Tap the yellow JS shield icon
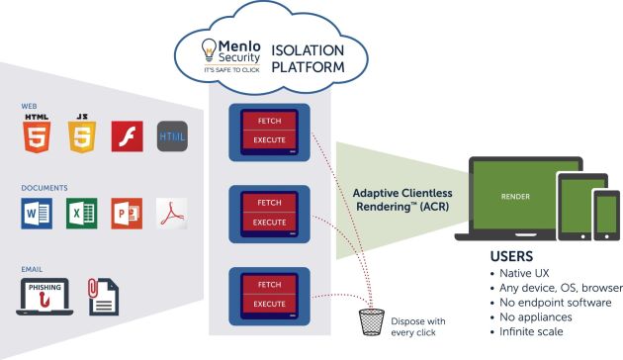(x=80, y=135)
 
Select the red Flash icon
(x=126, y=136)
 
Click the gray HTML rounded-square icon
(x=171, y=136)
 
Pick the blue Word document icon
(x=35, y=212)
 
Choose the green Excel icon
(x=80, y=212)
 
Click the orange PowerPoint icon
(x=126, y=212)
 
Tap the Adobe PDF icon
(x=171, y=212)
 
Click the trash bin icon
(x=372, y=319)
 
